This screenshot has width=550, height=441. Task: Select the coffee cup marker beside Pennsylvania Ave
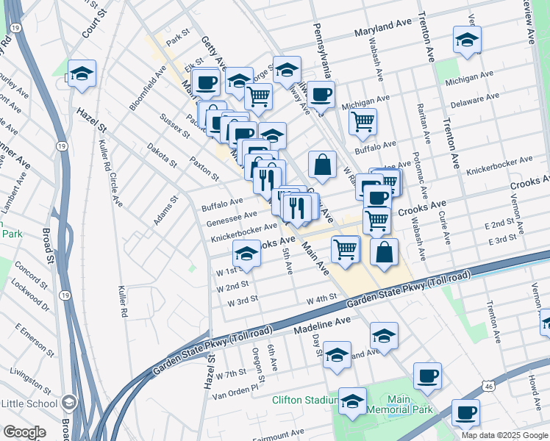pyautogui.click(x=321, y=94)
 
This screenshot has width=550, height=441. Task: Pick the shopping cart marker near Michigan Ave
pyautogui.click(x=362, y=121)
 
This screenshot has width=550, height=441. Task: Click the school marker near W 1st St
pyautogui.click(x=246, y=254)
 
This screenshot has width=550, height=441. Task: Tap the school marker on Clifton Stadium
pyautogui.click(x=352, y=401)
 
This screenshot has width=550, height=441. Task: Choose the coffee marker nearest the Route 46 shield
pyautogui.click(x=465, y=412)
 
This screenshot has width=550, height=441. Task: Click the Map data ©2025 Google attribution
pyautogui.click(x=504, y=435)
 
